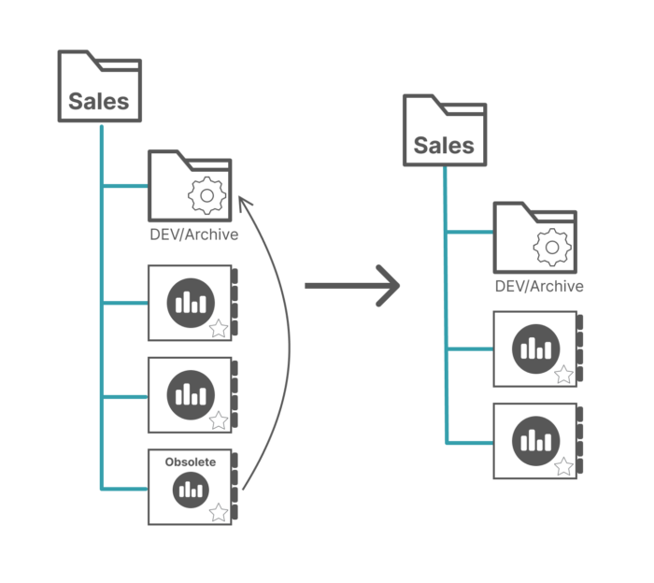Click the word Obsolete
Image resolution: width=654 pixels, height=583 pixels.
pyautogui.click(x=191, y=462)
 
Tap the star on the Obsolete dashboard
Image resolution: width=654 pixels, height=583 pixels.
pyautogui.click(x=219, y=512)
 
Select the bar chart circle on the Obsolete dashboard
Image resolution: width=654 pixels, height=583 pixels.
pyautogui.click(x=191, y=488)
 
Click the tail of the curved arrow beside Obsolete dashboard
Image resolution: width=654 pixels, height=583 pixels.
pyautogui.click(x=244, y=487)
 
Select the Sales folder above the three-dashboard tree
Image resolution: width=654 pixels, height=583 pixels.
pyautogui.click(x=100, y=87)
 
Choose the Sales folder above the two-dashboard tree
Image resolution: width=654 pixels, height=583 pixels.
pyautogui.click(x=445, y=131)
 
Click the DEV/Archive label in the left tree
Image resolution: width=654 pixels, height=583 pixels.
pyautogui.click(x=193, y=235)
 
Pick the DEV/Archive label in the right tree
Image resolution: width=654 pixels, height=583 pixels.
pyautogui.click(x=539, y=287)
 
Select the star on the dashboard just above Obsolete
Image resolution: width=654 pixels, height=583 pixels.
pyautogui.click(x=219, y=420)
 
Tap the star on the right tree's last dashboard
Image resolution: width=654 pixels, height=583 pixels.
pyautogui.click(x=564, y=465)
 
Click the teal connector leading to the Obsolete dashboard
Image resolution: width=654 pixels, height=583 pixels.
pyautogui.click(x=125, y=489)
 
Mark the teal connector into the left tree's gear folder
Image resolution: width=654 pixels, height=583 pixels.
pyautogui.click(x=125, y=186)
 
